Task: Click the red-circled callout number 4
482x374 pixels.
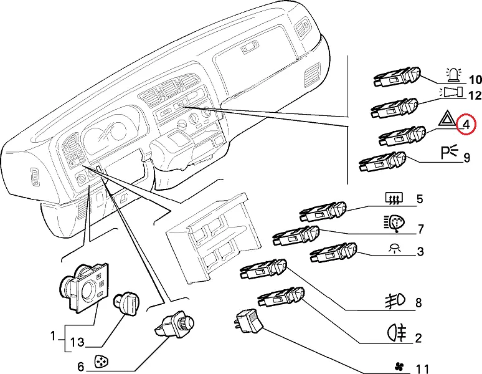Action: [465, 125]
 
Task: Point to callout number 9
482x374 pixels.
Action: [466, 158]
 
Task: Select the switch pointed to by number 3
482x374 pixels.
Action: [333, 252]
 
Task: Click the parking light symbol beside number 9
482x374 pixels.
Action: [449, 151]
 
